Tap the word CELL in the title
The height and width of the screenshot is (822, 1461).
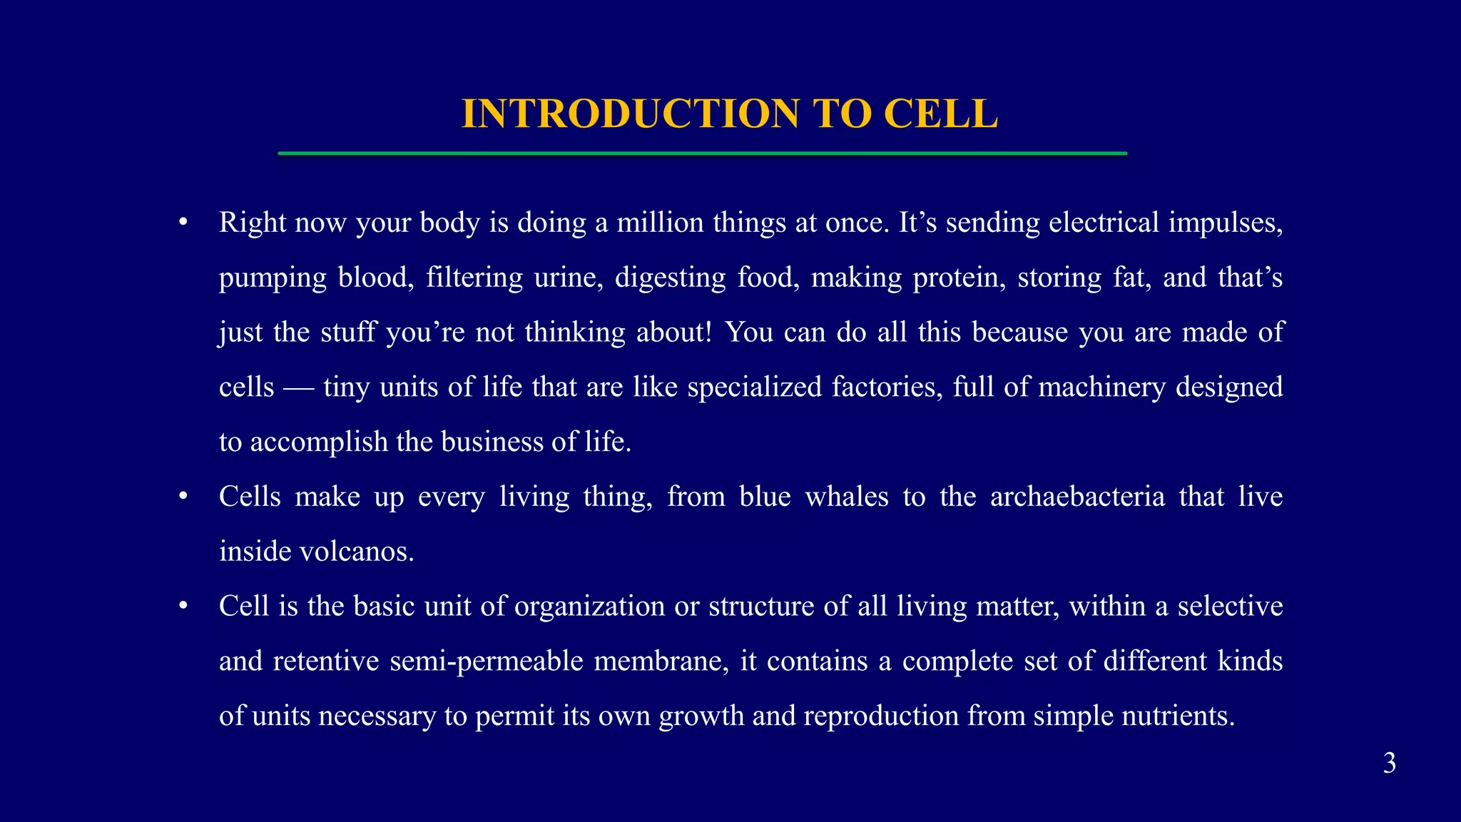(x=940, y=114)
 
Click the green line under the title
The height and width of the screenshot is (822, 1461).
(x=702, y=153)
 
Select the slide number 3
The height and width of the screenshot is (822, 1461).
(x=1389, y=763)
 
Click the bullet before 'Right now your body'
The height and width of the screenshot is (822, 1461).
(x=183, y=223)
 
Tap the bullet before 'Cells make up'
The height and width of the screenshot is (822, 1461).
(x=183, y=497)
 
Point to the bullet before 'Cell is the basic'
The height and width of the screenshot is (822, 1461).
(x=183, y=607)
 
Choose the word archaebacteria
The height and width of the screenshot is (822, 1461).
(x=1077, y=497)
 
